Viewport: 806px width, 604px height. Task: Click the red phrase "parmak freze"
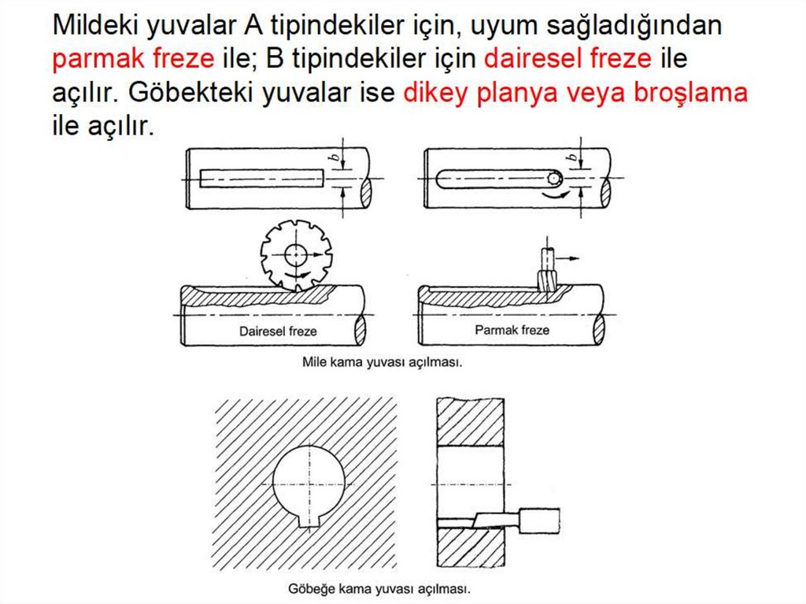pyautogui.click(x=133, y=58)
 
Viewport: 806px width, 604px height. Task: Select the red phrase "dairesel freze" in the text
pyautogui.click(x=568, y=57)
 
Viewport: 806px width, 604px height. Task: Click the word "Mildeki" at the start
pyautogui.click(x=95, y=24)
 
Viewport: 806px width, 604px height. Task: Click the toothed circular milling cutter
pyautogui.click(x=296, y=256)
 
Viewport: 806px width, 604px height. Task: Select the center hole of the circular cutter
pyautogui.click(x=296, y=254)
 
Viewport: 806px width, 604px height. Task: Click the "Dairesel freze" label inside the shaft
pyautogui.click(x=278, y=332)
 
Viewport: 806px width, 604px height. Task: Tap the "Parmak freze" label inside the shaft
pyautogui.click(x=512, y=330)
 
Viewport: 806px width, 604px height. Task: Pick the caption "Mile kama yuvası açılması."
pyautogui.click(x=383, y=362)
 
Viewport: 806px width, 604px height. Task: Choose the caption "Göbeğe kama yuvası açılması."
pyautogui.click(x=379, y=588)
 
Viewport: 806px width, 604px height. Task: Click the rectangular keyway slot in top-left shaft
pyautogui.click(x=261, y=178)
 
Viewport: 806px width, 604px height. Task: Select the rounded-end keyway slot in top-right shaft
pyautogui.click(x=498, y=179)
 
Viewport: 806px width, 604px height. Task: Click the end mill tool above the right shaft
pyautogui.click(x=548, y=269)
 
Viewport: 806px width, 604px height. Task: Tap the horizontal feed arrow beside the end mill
pyautogui.click(x=568, y=258)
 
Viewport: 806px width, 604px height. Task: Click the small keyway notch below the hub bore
pyautogui.click(x=309, y=521)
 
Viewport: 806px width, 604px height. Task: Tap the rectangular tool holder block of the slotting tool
pyautogui.click(x=540, y=521)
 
